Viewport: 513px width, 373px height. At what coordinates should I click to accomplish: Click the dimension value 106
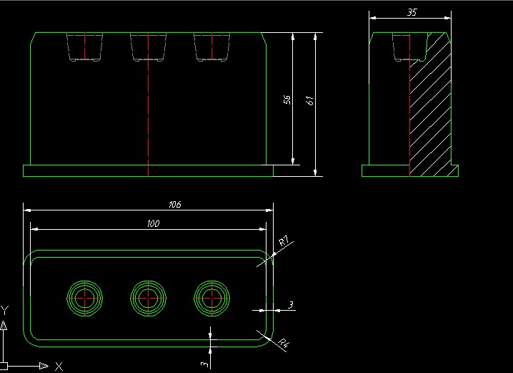174,204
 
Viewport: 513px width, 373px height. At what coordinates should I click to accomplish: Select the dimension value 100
152,224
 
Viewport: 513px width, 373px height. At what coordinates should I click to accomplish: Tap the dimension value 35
412,12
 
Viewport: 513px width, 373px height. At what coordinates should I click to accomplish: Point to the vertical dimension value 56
287,100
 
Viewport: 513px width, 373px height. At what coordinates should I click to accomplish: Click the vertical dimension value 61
309,100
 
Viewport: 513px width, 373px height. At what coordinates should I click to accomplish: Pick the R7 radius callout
284,242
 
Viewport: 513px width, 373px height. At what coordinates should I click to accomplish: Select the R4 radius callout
284,343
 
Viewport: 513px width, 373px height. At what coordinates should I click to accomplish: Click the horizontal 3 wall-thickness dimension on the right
290,306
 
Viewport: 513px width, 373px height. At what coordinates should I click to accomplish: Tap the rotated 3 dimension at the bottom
204,364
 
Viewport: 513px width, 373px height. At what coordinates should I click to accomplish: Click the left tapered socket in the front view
84,47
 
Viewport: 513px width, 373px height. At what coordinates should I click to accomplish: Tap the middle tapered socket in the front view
148,47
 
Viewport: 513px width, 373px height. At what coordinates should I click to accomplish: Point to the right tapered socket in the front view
211,47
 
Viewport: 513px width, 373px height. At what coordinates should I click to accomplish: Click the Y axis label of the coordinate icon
5,310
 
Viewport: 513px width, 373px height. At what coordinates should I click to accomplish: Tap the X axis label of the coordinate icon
59,365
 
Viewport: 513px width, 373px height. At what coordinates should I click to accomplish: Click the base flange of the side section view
386,171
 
